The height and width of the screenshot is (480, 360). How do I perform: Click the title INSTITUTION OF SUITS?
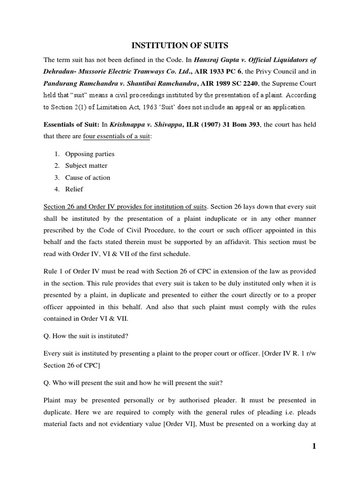(x=180, y=45)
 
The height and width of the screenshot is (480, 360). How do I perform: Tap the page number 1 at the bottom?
(x=314, y=446)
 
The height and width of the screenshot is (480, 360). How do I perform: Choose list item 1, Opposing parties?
(x=90, y=154)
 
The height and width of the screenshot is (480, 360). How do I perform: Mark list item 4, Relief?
(x=74, y=189)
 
